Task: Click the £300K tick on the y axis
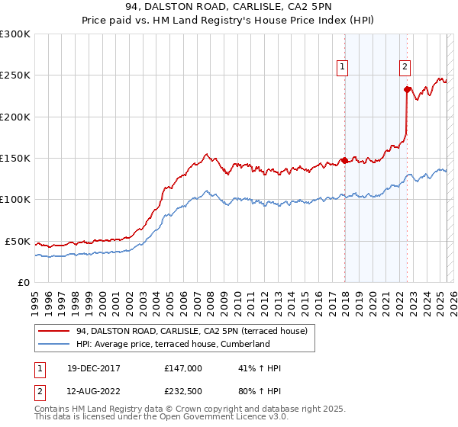tap(15, 34)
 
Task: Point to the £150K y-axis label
tap(15, 159)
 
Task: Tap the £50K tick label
tap(18, 241)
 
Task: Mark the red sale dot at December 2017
tap(344, 160)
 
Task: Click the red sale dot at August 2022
tap(407, 89)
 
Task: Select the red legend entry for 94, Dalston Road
tap(192, 331)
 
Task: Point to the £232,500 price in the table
tap(183, 390)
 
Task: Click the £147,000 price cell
tap(183, 368)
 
